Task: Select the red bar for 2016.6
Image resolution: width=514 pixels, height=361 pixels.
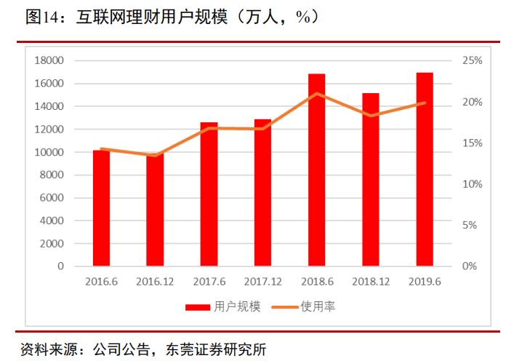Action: (x=101, y=208)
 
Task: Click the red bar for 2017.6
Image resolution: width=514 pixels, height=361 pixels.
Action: (x=209, y=194)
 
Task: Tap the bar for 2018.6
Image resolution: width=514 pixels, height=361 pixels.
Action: (x=316, y=170)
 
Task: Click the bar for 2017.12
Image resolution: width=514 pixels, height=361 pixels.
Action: (x=262, y=193)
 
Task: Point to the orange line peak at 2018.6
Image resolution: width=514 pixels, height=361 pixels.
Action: (x=316, y=93)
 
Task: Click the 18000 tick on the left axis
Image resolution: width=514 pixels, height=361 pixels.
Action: (x=49, y=60)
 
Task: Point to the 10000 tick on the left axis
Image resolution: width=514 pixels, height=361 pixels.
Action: (x=49, y=152)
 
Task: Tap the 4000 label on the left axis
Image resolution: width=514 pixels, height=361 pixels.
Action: (x=52, y=221)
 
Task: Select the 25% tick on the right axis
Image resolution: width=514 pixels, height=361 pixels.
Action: (x=472, y=60)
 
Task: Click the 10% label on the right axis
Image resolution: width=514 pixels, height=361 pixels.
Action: (x=472, y=184)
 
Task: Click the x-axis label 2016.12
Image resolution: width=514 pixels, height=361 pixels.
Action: (x=154, y=281)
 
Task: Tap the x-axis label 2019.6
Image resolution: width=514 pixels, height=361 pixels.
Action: (x=425, y=281)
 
